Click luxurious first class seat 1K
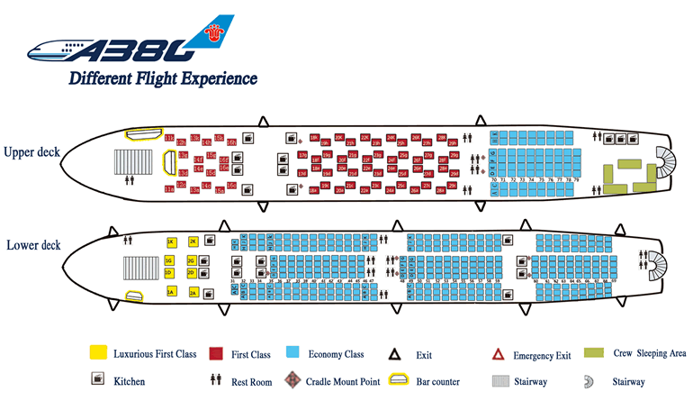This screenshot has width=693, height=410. pyautogui.click(x=170, y=242)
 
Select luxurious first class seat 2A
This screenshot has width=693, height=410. pyautogui.click(x=193, y=293)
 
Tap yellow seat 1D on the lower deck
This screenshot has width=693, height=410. pyautogui.click(x=169, y=273)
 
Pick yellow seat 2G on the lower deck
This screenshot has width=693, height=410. pyautogui.click(x=192, y=261)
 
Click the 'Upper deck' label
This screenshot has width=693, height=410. pyautogui.click(x=31, y=151)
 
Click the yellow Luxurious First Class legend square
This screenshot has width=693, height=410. pyautogui.click(x=98, y=353)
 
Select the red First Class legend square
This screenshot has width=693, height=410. pyautogui.click(x=216, y=353)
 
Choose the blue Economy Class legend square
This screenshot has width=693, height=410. pyautogui.click(x=293, y=353)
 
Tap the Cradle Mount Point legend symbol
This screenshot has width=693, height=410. pyautogui.click(x=293, y=381)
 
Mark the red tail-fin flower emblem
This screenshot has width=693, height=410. pyautogui.click(x=214, y=33)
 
